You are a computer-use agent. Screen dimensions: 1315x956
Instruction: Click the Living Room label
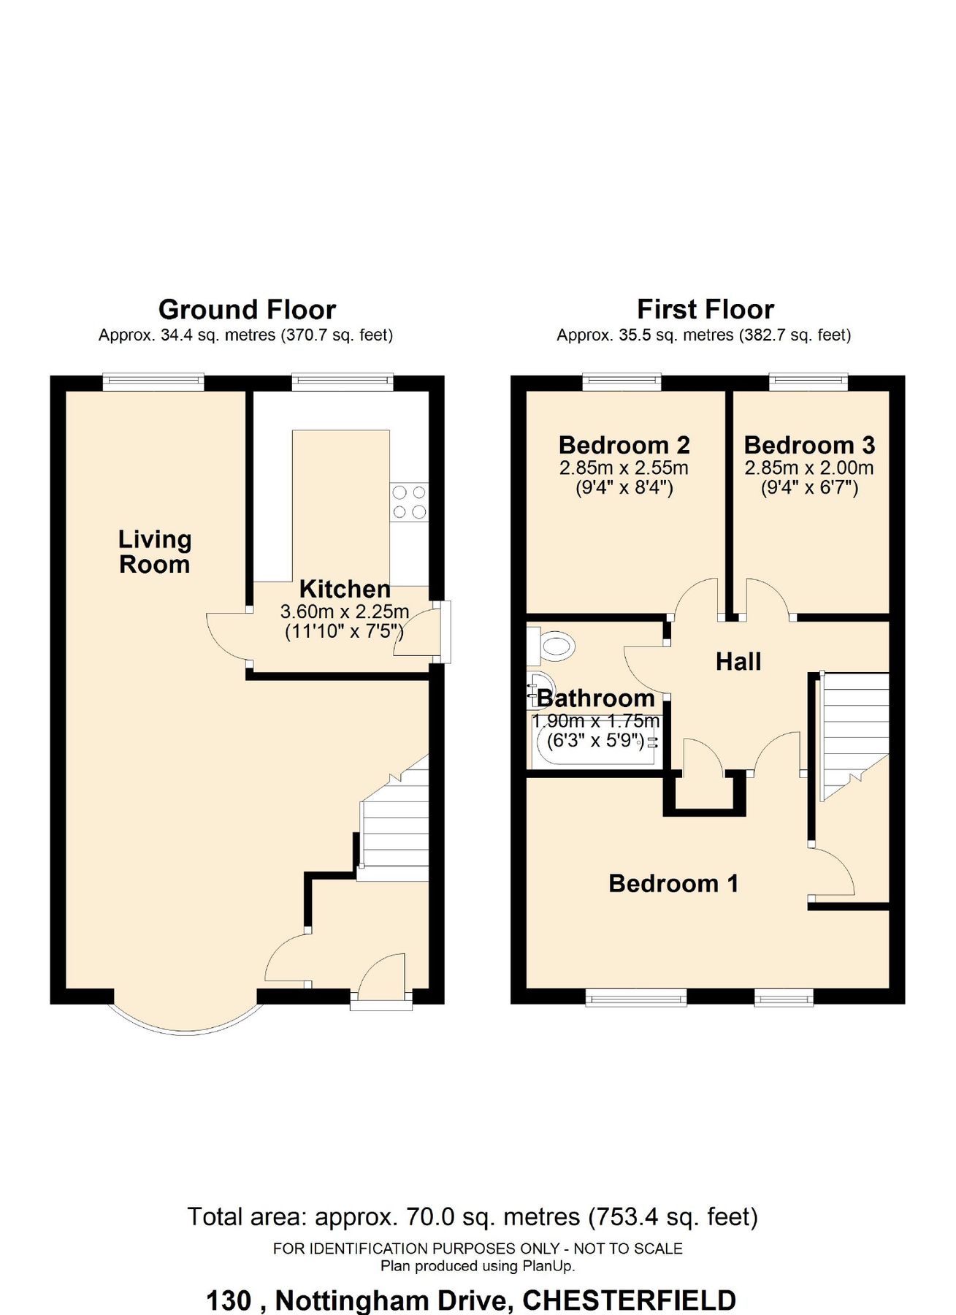click(155, 552)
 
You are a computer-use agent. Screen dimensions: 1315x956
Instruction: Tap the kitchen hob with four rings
click(409, 502)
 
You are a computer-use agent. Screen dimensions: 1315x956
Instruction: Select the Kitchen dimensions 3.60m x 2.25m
click(344, 611)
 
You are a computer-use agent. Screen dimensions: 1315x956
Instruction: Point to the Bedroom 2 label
click(624, 445)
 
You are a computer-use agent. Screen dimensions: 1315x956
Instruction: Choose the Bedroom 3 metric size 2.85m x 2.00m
click(808, 468)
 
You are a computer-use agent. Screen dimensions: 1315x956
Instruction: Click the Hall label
click(738, 662)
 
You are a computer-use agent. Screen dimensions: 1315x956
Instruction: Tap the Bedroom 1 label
click(673, 883)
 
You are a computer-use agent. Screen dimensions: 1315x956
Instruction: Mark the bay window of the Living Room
click(186, 1019)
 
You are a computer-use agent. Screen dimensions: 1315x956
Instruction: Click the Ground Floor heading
click(247, 310)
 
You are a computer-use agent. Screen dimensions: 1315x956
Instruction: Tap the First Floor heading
click(705, 310)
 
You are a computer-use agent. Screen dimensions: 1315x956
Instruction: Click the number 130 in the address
click(229, 1300)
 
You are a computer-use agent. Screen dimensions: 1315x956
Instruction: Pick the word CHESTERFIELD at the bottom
click(629, 1300)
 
